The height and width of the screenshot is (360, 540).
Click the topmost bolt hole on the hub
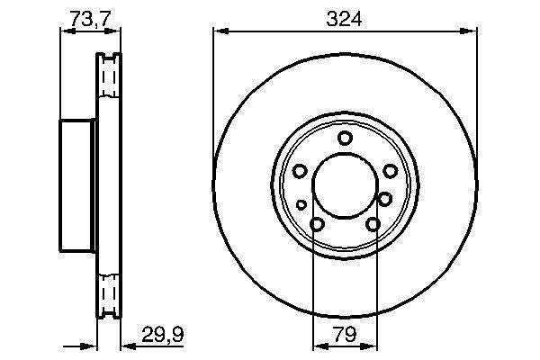345,138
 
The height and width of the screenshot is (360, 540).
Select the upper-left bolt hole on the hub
300,170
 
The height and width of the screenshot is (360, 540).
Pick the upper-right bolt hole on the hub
390,170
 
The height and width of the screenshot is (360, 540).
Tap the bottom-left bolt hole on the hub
317,224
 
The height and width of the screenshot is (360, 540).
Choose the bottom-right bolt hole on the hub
373,224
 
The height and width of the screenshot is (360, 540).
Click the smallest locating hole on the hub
301,204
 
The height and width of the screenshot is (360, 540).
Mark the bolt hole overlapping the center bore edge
384,199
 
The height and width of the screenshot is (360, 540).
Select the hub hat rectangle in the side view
77,184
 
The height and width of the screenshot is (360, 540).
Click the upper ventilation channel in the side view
108,82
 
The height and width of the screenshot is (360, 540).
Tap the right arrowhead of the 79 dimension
373,346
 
